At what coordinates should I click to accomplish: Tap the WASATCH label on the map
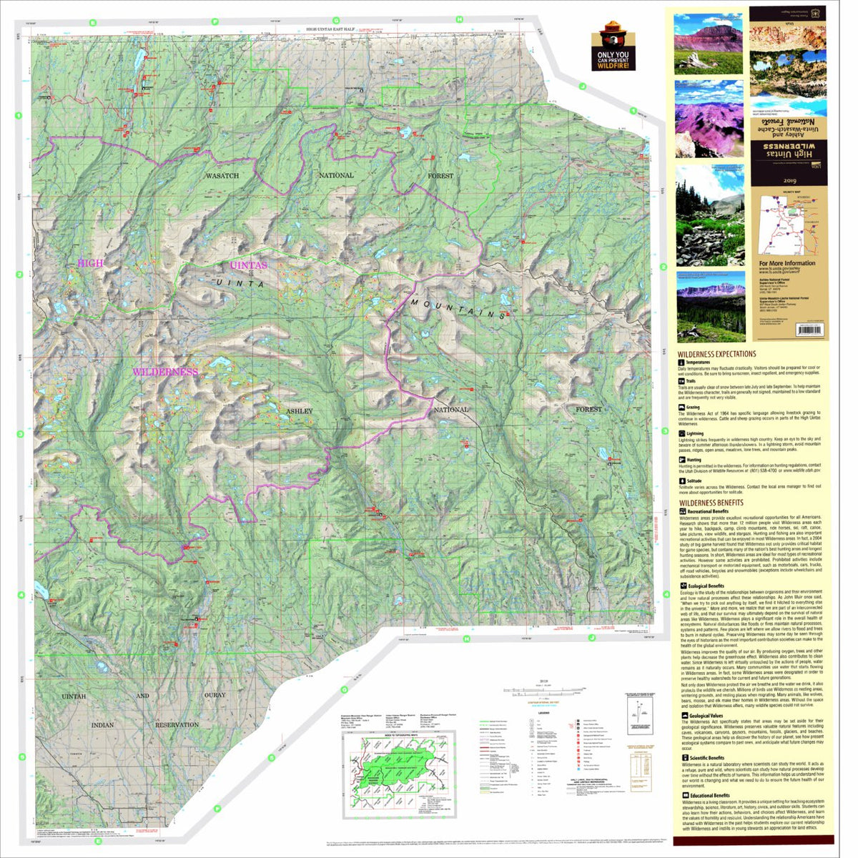pos(222,175)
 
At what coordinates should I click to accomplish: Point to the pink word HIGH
pos(90,263)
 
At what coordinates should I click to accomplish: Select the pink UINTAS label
pos(248,265)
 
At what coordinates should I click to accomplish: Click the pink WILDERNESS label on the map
pos(164,372)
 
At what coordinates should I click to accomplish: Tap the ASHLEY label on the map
pos(300,411)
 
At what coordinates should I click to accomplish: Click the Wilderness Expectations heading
pos(716,353)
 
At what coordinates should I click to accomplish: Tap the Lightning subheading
pos(694,433)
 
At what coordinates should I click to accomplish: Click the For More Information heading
pos(786,263)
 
